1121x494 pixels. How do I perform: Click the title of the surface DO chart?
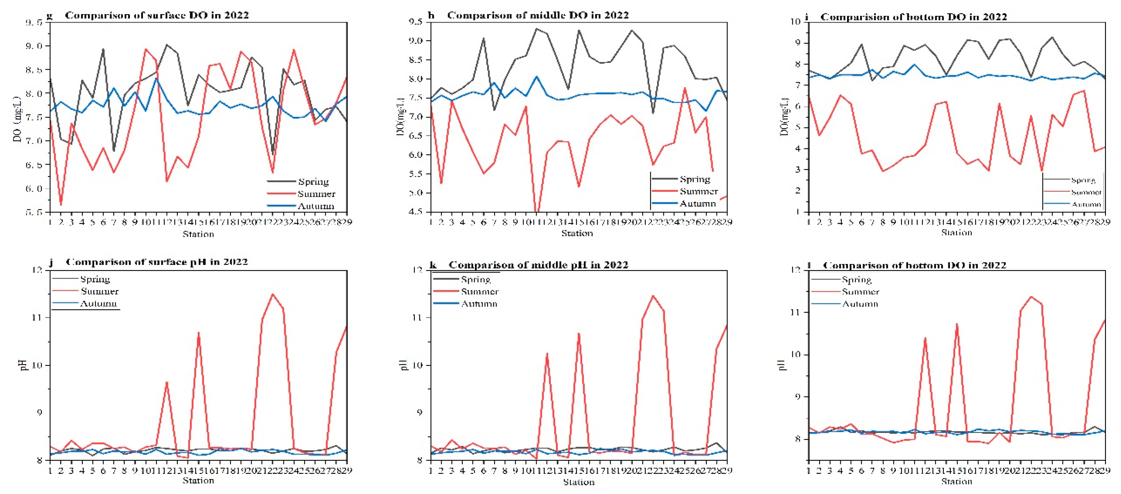pos(157,15)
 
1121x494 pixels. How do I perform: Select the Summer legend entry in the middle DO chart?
pos(699,191)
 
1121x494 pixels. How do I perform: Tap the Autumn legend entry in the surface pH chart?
pos(99,304)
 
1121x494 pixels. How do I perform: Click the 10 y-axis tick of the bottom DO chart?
pos(795,22)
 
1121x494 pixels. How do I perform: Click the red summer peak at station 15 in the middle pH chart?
pos(579,334)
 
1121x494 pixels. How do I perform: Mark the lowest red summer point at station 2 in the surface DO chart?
pos(61,205)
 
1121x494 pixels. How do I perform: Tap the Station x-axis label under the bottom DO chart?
pos(957,233)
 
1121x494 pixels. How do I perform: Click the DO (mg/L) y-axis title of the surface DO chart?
pos(17,119)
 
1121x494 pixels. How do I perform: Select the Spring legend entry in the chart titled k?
pos(476,280)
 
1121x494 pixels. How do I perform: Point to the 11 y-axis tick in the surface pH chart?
pos(37,317)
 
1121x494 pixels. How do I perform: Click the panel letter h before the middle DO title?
pos(431,15)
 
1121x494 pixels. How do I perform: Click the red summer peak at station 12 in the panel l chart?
pos(925,338)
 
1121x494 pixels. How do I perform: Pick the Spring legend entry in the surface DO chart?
pos(313,181)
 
